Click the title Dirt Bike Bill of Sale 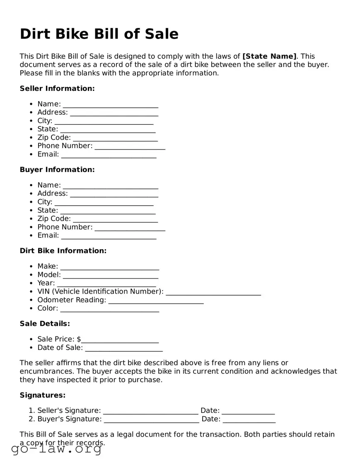coord(99,34)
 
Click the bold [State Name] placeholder coord(269,56)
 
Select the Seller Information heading coord(57,88)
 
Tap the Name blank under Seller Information coord(110,104)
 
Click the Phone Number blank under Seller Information coord(130,146)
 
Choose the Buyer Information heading coord(57,170)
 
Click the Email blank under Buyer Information coord(109,236)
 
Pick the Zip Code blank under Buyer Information coord(115,219)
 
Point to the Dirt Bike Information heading coord(63,251)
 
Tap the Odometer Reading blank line coord(156,301)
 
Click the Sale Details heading coord(45,323)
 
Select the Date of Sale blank coord(123,348)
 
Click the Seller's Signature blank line coord(150,411)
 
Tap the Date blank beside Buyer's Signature coord(249,420)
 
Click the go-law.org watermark coord(56,449)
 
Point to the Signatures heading coord(43,395)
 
